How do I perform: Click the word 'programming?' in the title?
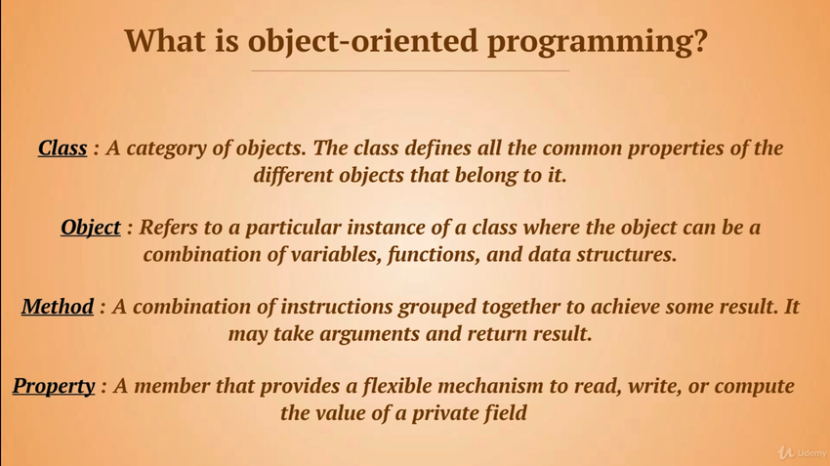coord(597,42)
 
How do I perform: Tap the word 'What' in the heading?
coord(164,40)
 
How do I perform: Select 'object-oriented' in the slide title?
coord(362,42)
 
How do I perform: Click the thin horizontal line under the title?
coord(410,70)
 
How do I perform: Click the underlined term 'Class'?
coord(62,148)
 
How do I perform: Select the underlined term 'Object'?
coord(91,228)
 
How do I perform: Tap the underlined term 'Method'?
coord(58,307)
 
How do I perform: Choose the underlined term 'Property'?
coord(54,386)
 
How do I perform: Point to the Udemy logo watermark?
coord(802,452)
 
